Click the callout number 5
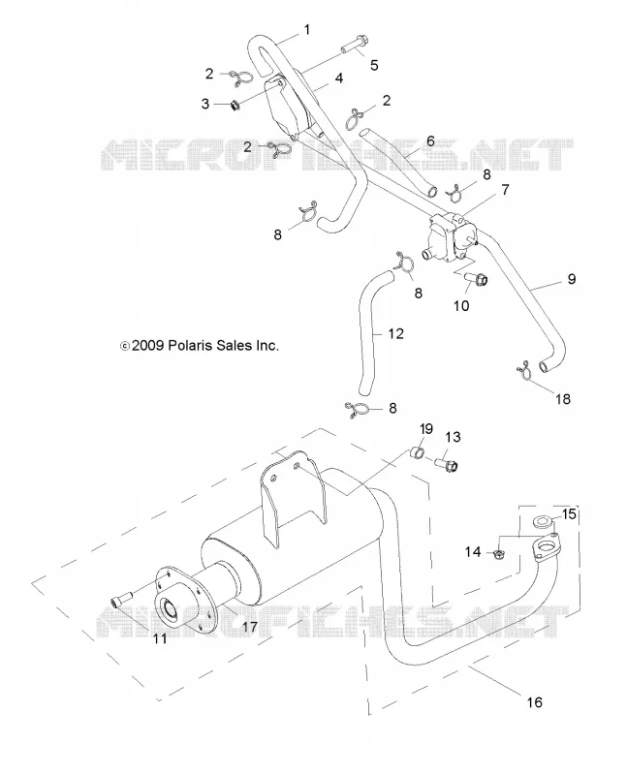(x=374, y=65)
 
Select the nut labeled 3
(x=235, y=105)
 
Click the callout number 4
(x=339, y=78)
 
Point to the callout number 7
(x=505, y=190)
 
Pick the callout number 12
(x=396, y=333)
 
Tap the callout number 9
(x=571, y=279)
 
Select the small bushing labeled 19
(x=418, y=452)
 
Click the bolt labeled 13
(x=447, y=464)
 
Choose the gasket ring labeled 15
(x=543, y=521)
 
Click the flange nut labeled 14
(x=499, y=553)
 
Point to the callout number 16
(x=535, y=701)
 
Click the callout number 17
(x=250, y=626)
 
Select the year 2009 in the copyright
(x=148, y=345)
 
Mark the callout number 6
(x=430, y=141)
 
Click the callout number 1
(x=307, y=30)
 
